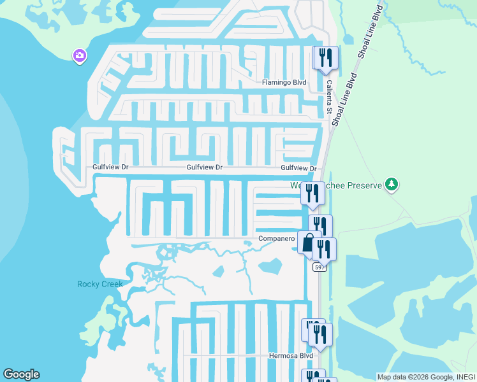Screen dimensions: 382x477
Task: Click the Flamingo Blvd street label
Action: pyautogui.click(x=284, y=83)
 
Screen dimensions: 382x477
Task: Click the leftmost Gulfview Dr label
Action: pyautogui.click(x=112, y=167)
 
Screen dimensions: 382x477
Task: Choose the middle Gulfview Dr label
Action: pyautogui.click(x=204, y=167)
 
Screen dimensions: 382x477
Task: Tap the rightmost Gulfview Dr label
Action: pyautogui.click(x=298, y=167)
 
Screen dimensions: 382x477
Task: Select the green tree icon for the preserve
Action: pyautogui.click(x=392, y=185)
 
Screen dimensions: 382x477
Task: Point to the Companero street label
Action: pyautogui.click(x=277, y=239)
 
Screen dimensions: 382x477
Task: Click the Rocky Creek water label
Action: pyautogui.click(x=100, y=284)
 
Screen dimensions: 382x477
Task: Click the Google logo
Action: pyautogui.click(x=21, y=374)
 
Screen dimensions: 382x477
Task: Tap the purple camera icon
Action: pyautogui.click(x=80, y=55)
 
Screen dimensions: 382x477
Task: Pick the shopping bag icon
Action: pyautogui.click(x=309, y=243)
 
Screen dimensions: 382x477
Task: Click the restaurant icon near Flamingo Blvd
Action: pyautogui.click(x=326, y=59)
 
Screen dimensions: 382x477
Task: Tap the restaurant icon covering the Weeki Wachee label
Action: pyautogui.click(x=312, y=193)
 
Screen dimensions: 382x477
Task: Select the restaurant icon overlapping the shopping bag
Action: pyautogui.click(x=324, y=249)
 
